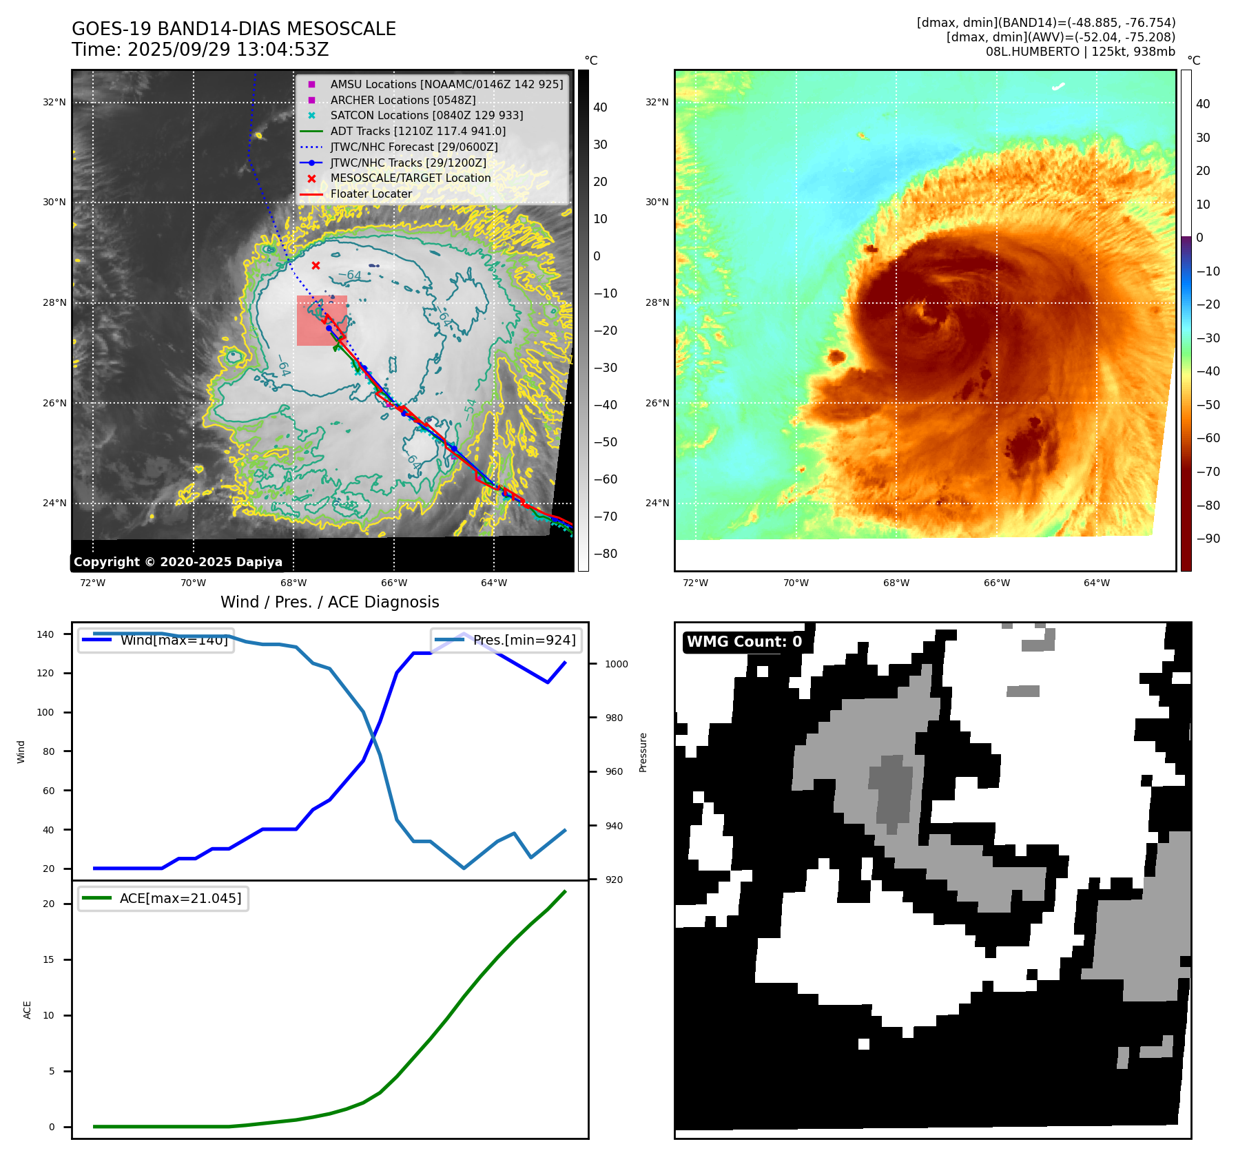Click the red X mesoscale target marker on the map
tap(316, 266)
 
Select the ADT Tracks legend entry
tap(417, 131)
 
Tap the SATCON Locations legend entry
tap(426, 115)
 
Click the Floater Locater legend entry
tap(371, 194)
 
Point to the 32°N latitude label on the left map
tap(54, 103)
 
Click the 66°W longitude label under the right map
tap(996, 583)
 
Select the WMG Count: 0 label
tap(744, 642)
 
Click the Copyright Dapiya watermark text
tap(178, 562)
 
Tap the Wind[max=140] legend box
tap(156, 640)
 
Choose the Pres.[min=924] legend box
tap(506, 640)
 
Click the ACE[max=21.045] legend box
tap(163, 898)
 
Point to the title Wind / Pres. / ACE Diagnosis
tap(329, 602)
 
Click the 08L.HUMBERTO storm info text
tap(1080, 52)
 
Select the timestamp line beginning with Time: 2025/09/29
tap(200, 50)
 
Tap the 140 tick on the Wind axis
tap(45, 634)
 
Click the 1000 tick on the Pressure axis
tap(616, 664)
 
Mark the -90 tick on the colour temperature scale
tap(1208, 539)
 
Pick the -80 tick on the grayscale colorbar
tap(606, 554)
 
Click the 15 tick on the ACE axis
tap(48, 959)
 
